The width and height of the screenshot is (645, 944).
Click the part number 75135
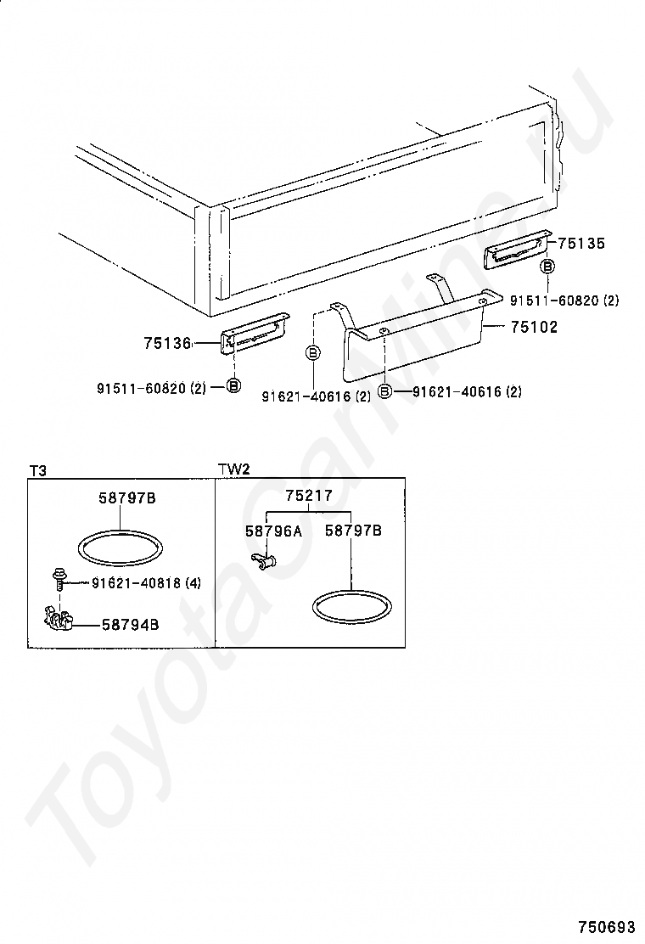click(581, 243)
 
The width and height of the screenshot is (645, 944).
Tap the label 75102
click(534, 327)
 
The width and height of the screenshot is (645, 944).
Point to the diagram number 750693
click(607, 925)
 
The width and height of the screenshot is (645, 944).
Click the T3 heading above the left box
click(38, 469)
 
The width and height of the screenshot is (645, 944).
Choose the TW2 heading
click(233, 469)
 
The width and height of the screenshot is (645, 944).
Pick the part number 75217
click(309, 496)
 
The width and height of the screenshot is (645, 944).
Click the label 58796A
click(273, 531)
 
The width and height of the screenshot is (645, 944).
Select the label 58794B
click(130, 625)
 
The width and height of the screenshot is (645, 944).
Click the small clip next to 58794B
click(57, 621)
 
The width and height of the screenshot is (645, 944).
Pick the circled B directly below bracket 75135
click(547, 267)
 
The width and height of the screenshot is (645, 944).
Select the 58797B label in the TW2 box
click(354, 531)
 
